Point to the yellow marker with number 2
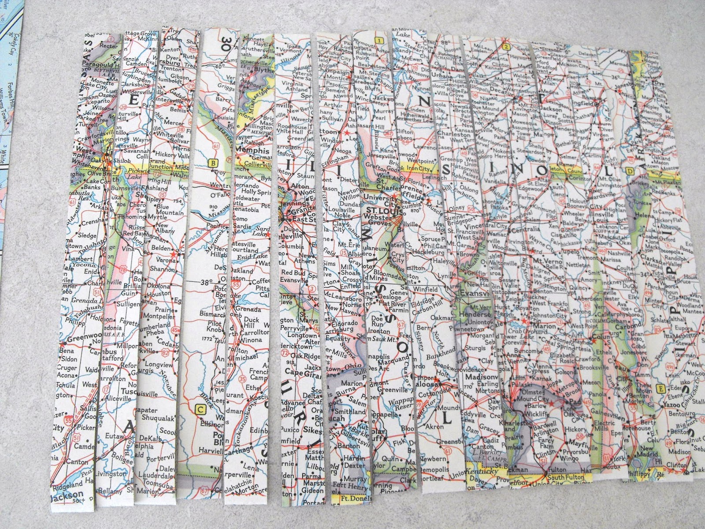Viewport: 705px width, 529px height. (x=506, y=47)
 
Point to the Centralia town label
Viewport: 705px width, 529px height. (x=525, y=230)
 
